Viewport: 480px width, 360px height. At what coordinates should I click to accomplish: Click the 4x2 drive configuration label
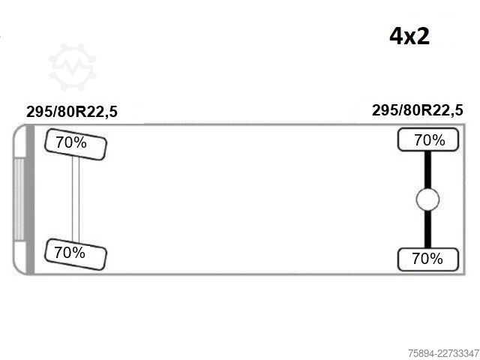pos(409,36)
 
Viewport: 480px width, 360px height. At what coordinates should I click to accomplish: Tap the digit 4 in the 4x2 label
pos(395,36)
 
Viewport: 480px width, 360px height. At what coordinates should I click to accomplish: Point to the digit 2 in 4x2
pos(423,36)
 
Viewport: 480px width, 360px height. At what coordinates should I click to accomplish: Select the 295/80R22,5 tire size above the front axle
pos(72,112)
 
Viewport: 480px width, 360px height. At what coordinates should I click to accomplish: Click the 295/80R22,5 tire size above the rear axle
pos(418,110)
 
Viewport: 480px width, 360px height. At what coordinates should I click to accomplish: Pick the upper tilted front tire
pos(76,144)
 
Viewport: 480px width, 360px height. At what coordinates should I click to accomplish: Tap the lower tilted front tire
pos(76,254)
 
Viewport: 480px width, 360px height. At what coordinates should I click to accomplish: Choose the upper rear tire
pos(428,139)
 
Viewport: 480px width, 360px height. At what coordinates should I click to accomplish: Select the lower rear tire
pos(428,259)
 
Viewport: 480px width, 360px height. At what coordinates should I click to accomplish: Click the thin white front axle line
pos(76,199)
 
